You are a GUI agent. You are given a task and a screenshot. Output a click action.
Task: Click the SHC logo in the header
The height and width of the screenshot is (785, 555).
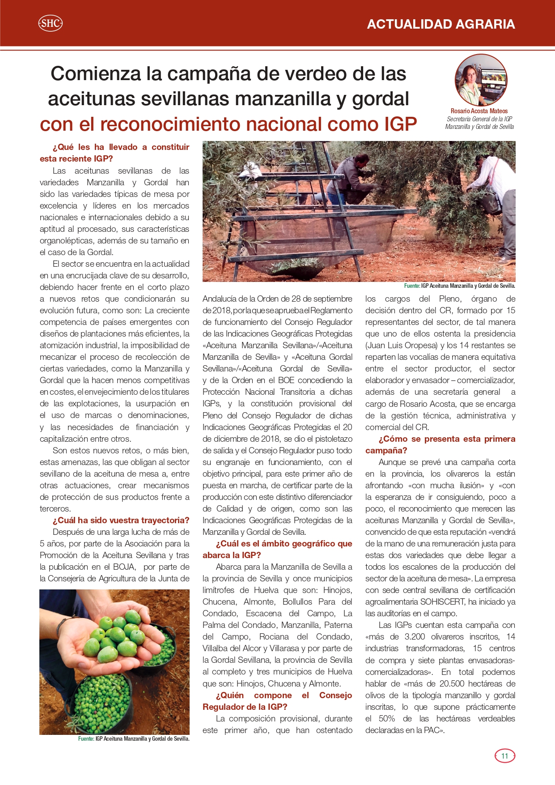tap(50, 23)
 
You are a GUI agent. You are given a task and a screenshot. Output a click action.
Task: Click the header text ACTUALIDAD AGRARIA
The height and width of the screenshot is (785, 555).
tap(441, 24)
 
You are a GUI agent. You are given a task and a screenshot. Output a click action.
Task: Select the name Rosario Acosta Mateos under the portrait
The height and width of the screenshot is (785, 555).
tap(479, 111)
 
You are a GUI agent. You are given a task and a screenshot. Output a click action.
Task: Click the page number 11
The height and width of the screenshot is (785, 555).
tap(505, 756)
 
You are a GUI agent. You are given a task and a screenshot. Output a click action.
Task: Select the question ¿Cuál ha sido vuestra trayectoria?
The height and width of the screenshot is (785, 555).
tap(121, 520)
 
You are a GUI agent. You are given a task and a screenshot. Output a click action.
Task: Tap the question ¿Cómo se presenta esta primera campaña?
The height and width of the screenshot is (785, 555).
tap(440, 444)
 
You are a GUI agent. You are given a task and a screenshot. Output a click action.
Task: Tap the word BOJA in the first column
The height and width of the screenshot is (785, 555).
tap(124, 567)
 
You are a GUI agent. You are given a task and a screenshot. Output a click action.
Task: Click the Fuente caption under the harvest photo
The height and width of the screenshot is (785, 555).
tap(459, 286)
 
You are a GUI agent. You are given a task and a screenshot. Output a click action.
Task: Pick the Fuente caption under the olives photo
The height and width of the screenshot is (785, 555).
tap(134, 738)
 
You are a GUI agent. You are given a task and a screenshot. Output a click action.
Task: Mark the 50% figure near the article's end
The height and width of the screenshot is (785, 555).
tap(387, 718)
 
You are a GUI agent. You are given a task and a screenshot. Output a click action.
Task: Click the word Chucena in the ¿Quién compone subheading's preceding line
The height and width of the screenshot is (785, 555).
tap(284, 683)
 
